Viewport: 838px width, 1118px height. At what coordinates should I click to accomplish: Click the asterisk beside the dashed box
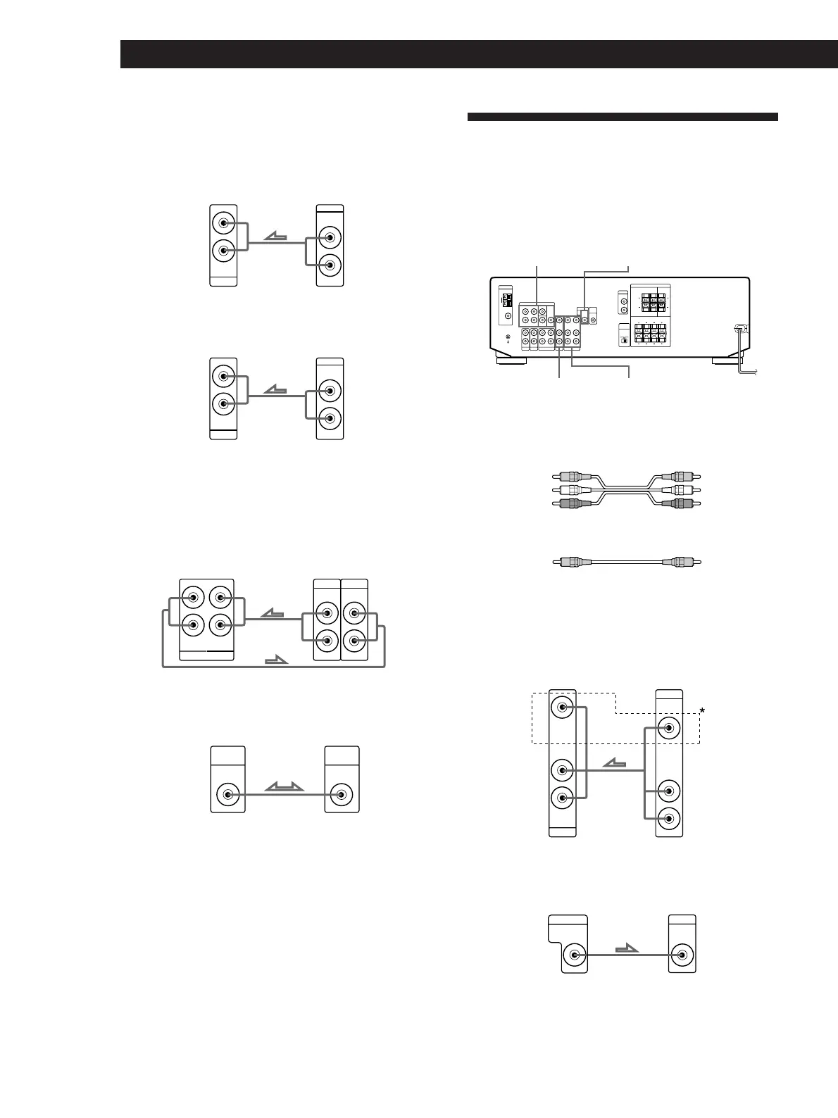click(x=702, y=712)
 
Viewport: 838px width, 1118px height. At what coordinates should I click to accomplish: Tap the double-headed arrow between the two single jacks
click(x=284, y=787)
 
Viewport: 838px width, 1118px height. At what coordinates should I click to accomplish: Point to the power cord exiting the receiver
click(x=742, y=352)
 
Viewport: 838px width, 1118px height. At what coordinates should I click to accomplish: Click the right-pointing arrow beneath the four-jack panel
click(x=277, y=660)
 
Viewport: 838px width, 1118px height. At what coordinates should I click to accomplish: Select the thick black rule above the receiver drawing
click(x=623, y=117)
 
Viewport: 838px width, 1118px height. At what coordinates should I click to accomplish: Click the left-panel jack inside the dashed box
click(x=562, y=708)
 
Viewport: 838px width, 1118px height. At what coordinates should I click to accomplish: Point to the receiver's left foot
click(x=511, y=360)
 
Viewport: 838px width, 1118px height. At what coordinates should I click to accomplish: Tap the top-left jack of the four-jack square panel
click(x=193, y=599)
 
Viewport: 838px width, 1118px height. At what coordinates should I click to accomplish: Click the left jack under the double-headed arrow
click(x=228, y=795)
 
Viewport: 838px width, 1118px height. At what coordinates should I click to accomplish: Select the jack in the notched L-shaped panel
click(x=575, y=955)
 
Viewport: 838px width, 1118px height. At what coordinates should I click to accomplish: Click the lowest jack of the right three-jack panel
click(x=669, y=818)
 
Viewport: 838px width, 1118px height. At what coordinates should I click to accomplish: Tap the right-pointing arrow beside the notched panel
click(x=626, y=949)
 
